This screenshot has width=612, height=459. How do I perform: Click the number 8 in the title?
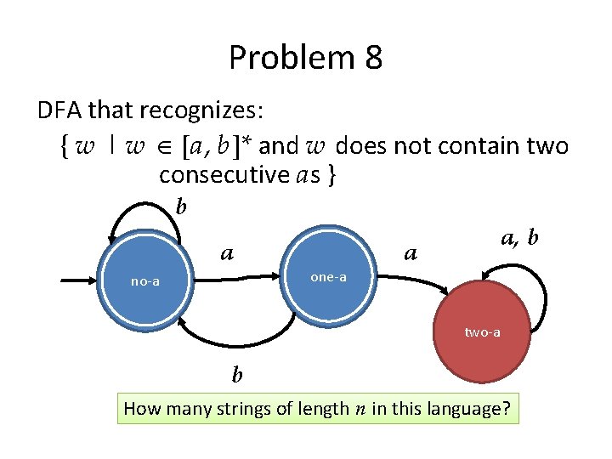pos(371,58)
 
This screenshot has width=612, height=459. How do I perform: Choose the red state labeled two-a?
pos(481,333)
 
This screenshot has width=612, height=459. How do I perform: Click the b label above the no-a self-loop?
pos(180,206)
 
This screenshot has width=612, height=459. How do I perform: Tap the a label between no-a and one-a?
pos(227,253)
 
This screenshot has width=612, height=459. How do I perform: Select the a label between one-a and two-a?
pos(411,253)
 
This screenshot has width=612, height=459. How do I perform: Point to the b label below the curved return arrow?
pos(237,374)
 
